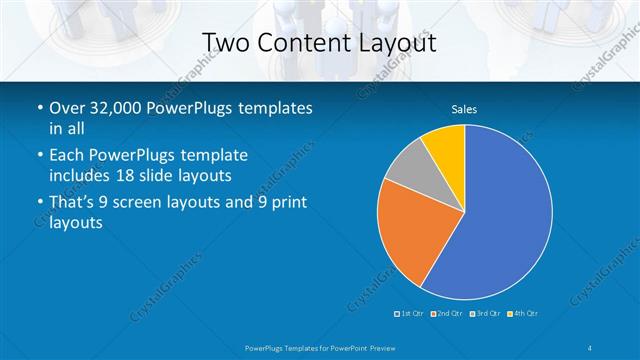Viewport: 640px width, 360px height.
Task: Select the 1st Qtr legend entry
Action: (x=409, y=314)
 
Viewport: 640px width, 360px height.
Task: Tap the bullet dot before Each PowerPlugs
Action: (x=38, y=157)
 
